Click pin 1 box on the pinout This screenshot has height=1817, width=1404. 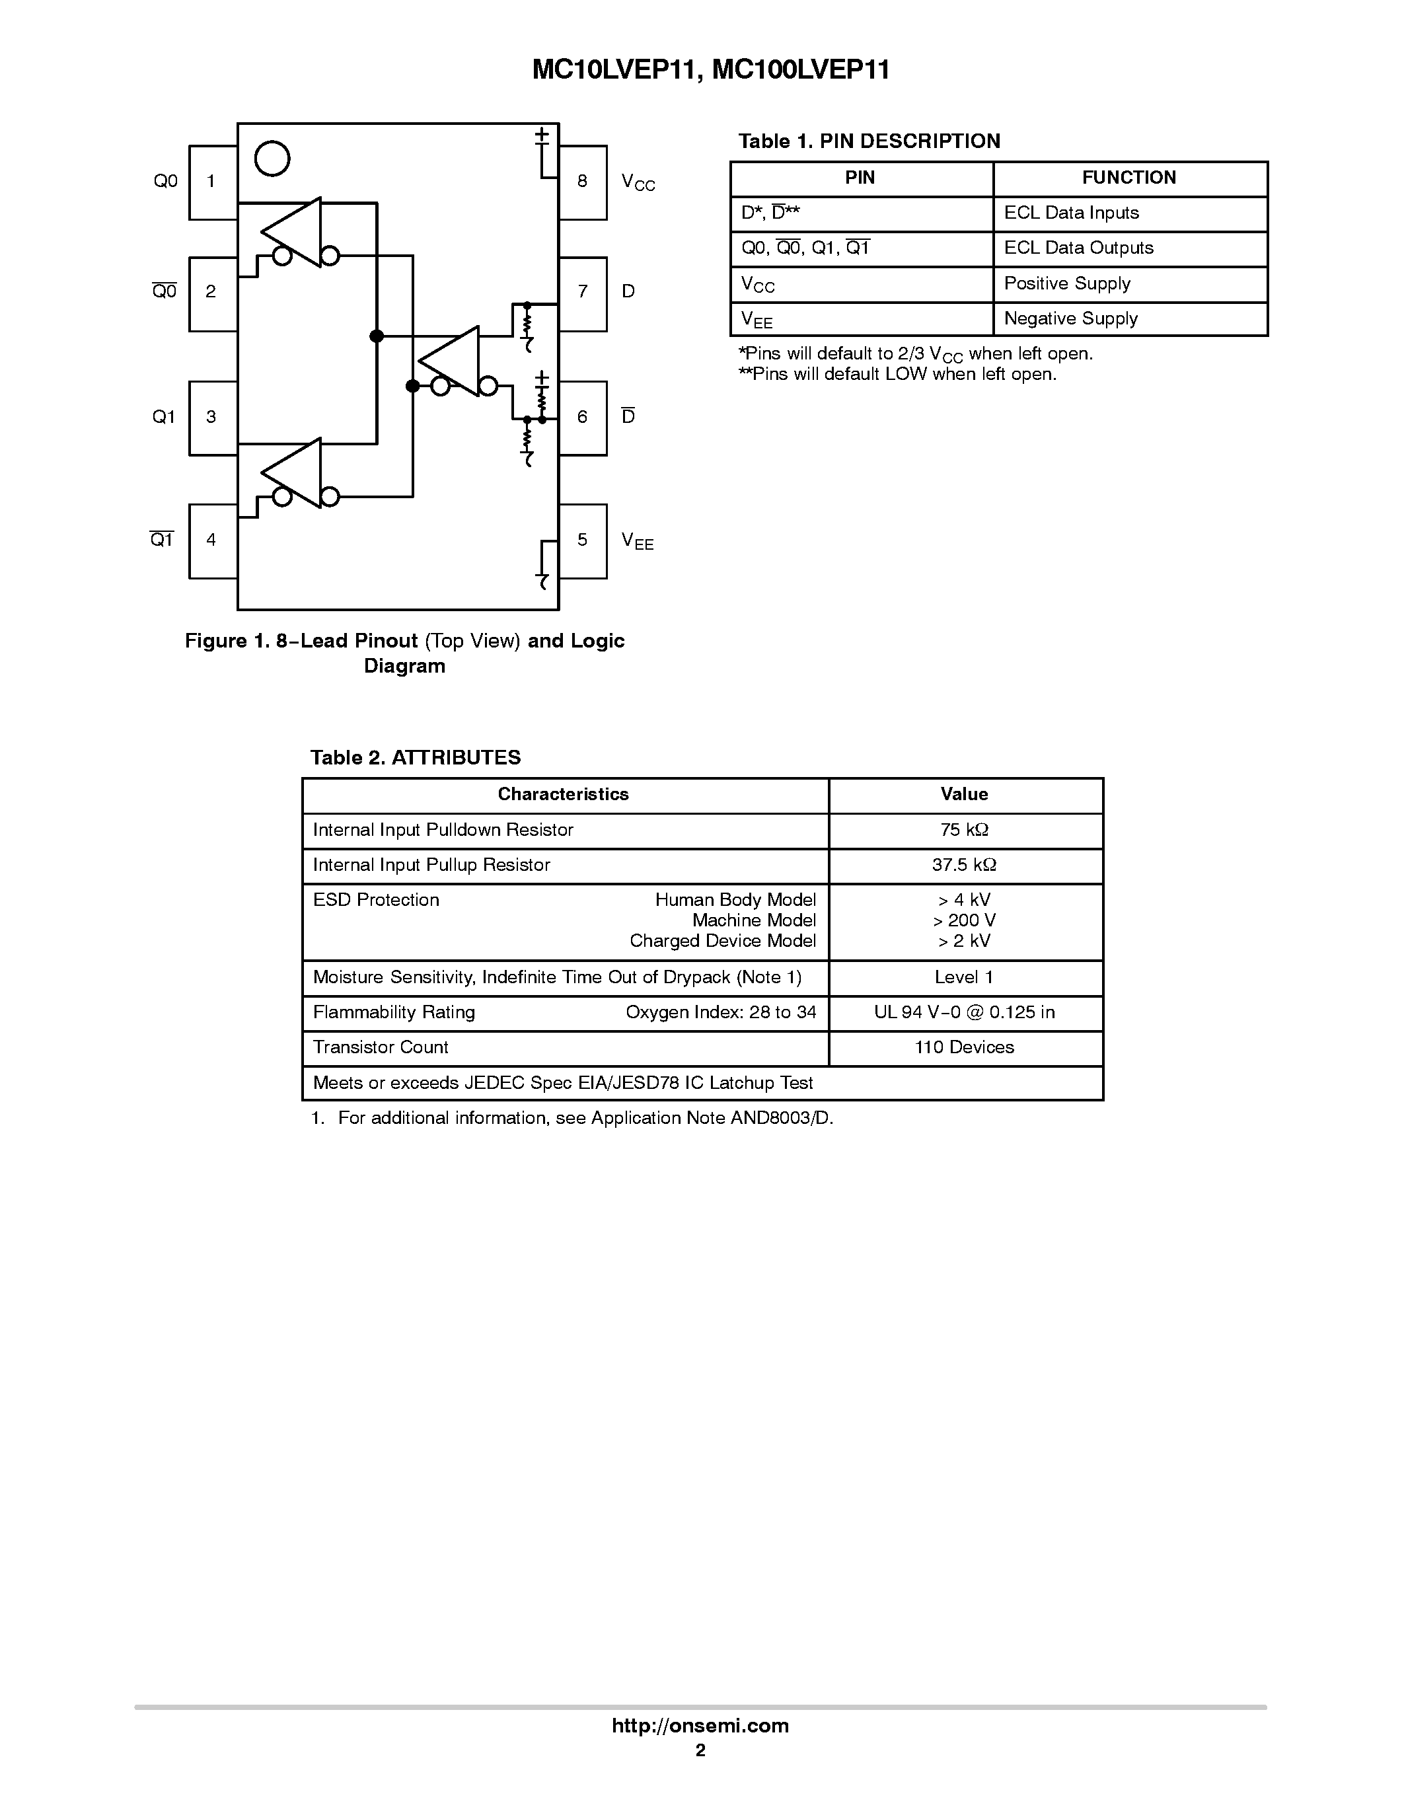point(213,182)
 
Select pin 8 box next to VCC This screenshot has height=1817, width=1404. point(582,182)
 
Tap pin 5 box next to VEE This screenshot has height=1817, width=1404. point(582,540)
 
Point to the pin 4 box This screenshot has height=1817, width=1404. point(213,540)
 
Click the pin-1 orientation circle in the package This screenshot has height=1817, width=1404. point(272,159)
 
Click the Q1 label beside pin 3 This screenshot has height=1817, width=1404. point(164,417)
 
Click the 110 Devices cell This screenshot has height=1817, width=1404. point(965,1047)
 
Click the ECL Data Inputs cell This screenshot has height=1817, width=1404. point(1071,213)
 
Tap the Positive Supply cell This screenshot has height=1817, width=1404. point(1067,283)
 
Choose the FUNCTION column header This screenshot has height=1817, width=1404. point(1128,178)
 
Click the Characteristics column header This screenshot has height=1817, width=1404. point(563,794)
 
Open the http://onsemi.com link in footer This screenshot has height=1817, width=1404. point(700,1725)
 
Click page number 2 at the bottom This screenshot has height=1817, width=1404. point(700,1750)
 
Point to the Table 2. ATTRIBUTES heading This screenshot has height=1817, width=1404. point(415,758)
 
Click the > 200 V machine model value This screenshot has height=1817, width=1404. point(965,921)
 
